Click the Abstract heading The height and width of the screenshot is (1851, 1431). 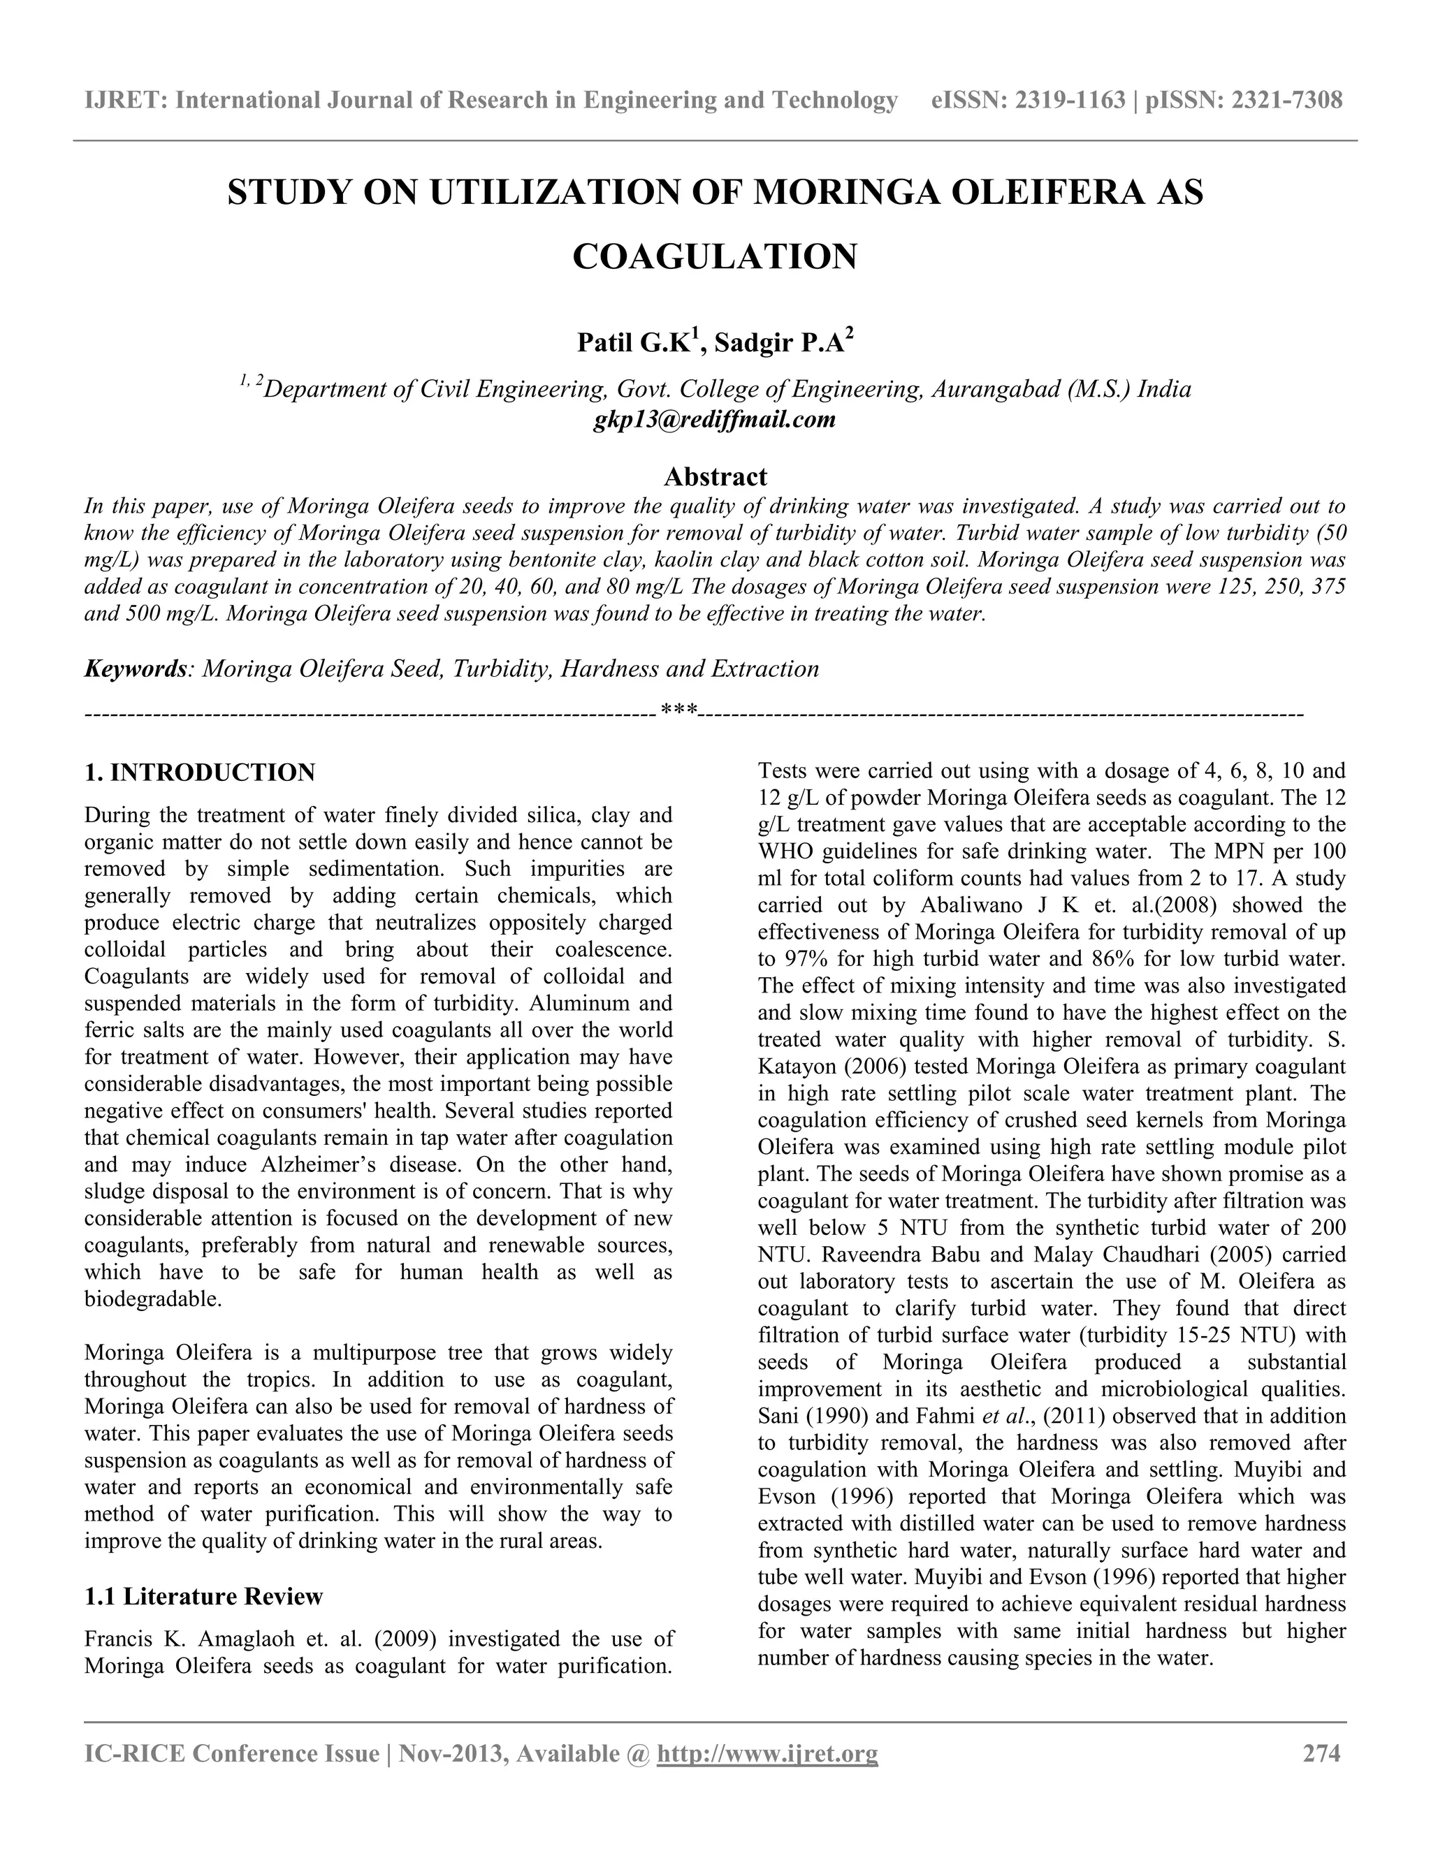pos(715,476)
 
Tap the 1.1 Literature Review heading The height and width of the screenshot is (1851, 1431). pos(203,1597)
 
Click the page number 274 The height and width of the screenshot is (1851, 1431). pos(1321,1753)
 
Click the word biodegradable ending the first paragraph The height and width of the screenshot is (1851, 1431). pos(152,1299)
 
